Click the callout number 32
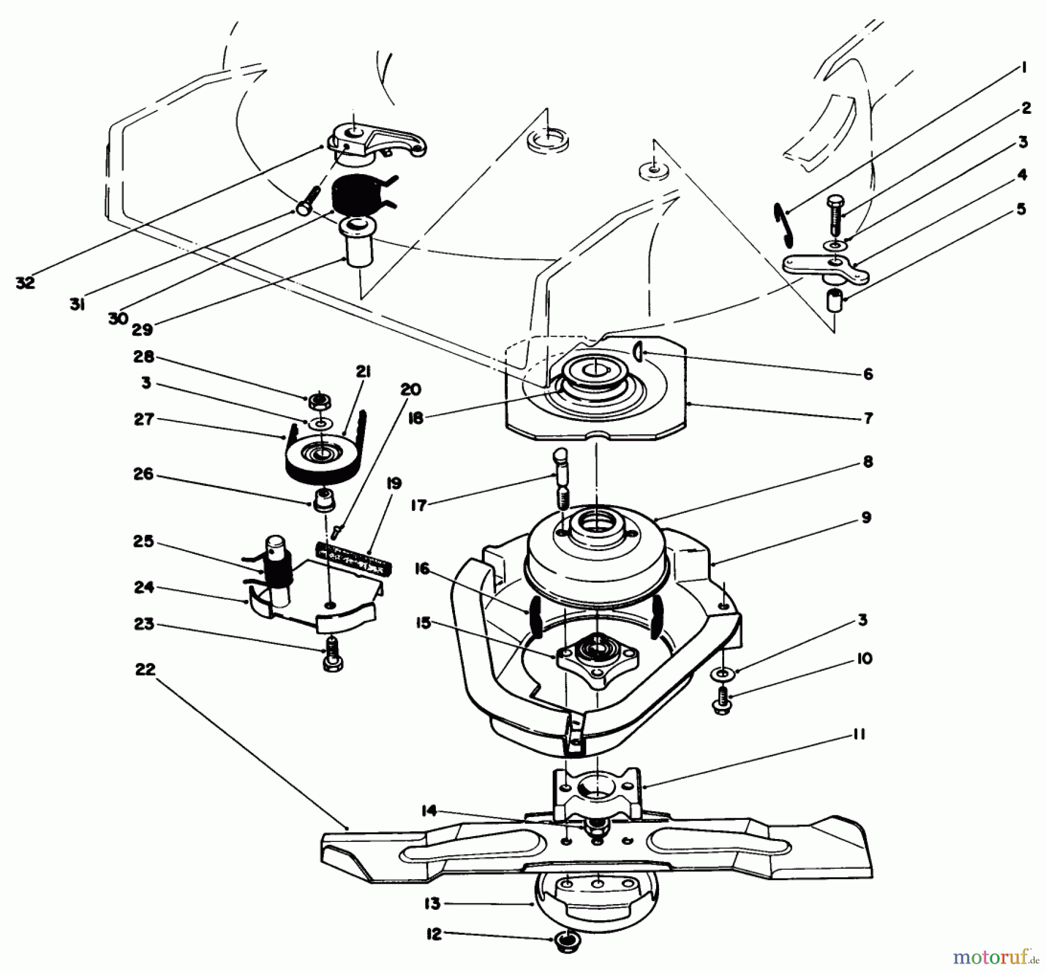[26, 283]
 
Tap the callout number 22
[145, 669]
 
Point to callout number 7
[868, 418]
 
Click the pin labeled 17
[562, 476]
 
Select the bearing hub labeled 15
[598, 660]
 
